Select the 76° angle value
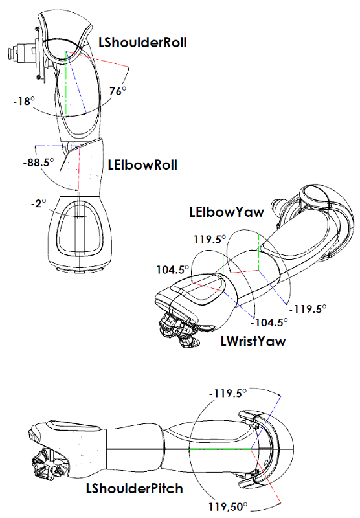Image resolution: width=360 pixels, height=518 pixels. pyautogui.click(x=117, y=91)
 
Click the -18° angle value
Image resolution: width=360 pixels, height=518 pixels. pyautogui.click(x=23, y=101)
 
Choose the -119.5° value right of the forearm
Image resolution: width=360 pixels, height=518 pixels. pyautogui.click(x=309, y=309)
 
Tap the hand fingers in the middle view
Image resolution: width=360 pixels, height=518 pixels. pyautogui.click(x=179, y=328)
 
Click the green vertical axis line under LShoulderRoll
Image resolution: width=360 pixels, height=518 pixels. pyautogui.click(x=67, y=91)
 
